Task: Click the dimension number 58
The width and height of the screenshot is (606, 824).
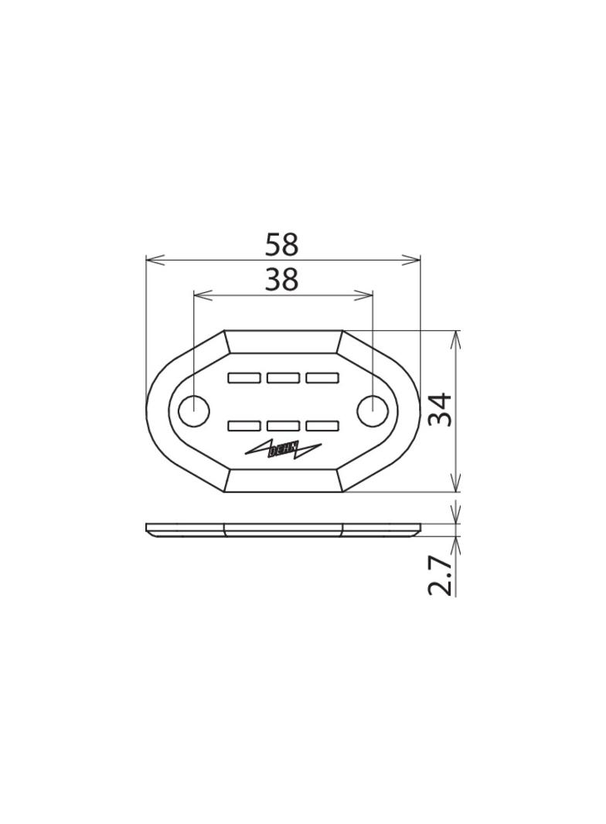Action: [281, 245]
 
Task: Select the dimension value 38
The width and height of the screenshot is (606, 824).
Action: [281, 280]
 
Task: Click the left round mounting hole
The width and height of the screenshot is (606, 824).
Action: [194, 410]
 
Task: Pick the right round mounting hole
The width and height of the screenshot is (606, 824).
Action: [373, 410]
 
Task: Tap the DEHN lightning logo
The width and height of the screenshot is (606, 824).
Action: [284, 449]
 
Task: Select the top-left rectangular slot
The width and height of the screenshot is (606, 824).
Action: [244, 377]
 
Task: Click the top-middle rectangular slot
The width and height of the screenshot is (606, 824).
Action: [284, 377]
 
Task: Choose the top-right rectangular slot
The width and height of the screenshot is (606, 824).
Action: [322, 377]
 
